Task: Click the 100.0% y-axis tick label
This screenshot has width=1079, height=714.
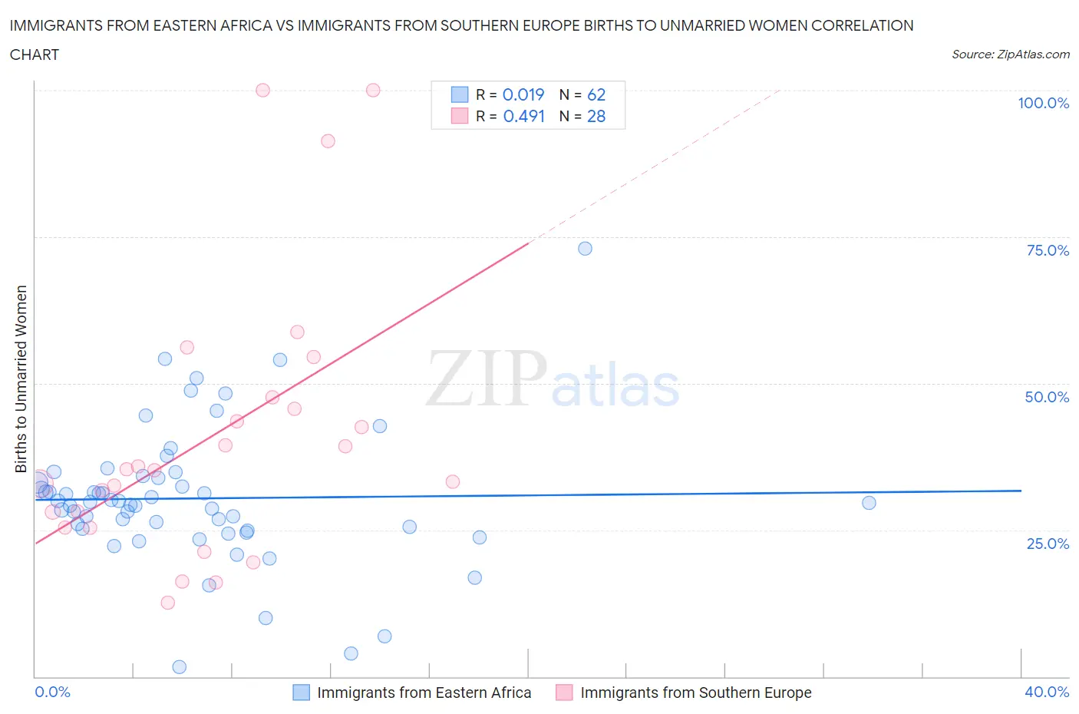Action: pos(1043,103)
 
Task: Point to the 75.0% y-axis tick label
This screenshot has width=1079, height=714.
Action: pos(1048,250)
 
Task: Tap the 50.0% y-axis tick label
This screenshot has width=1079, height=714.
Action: pos(1047,397)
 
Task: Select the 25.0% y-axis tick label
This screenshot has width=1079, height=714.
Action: pos(1048,544)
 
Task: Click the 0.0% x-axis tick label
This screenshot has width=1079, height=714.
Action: pos(52,692)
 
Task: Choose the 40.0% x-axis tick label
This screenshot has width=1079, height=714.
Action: pos(1047,692)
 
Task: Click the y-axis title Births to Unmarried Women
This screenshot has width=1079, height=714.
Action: pos(21,379)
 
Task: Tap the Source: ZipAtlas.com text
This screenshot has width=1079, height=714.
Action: pos(1010,55)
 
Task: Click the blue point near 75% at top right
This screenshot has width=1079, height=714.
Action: pos(585,249)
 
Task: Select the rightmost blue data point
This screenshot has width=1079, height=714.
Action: pos(869,503)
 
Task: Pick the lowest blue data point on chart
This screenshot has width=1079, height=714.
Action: pos(180,666)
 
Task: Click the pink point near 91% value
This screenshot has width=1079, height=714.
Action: pos(328,141)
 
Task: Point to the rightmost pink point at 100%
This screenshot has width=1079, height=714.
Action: pos(373,90)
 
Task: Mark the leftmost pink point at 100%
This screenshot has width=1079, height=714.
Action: pos(262,90)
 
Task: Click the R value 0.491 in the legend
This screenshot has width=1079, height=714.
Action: pos(523,116)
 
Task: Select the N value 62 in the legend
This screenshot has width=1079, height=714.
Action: pos(596,94)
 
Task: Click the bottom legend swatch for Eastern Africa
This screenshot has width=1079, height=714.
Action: pos(302,693)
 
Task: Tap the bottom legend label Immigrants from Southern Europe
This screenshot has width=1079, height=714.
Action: pos(695,693)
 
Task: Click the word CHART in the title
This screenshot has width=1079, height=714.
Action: pos(35,55)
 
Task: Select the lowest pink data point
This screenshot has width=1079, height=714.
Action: pos(168,603)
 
